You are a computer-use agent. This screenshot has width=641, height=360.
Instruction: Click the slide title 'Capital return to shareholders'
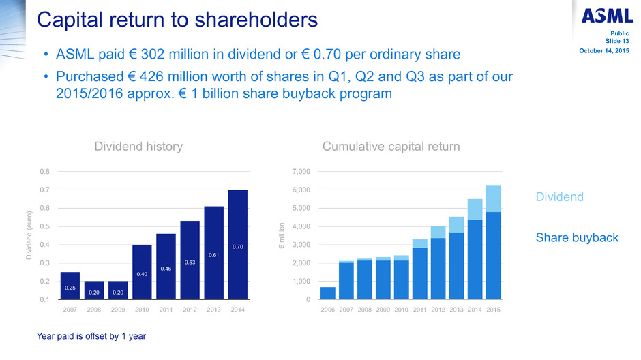pos(177,19)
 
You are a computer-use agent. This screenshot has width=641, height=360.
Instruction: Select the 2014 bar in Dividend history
pos(237,244)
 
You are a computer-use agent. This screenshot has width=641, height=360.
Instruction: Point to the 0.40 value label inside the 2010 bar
pos(142,274)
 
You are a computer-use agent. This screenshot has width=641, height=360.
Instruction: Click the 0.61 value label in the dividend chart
pos(213,255)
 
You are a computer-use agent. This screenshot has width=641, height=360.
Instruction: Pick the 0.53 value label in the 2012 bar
pos(190,262)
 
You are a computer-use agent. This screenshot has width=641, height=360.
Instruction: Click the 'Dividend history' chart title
pos(138,146)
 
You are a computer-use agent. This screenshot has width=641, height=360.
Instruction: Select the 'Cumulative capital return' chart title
pos(391,146)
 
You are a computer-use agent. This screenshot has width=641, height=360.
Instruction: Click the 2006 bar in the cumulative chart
pos(328,293)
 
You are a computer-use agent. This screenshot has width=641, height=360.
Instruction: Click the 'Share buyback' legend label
pos(577,237)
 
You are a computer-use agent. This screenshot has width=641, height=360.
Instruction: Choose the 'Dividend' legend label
pos(559,197)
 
